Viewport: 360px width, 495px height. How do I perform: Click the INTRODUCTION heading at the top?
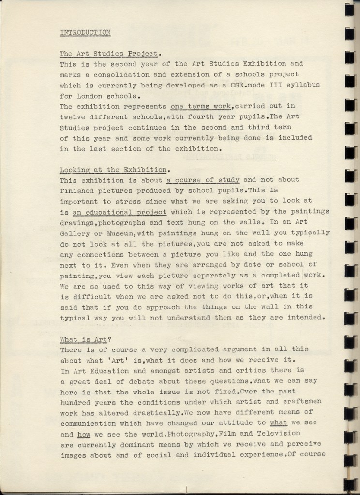[x=85, y=32]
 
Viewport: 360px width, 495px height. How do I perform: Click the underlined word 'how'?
[x=84, y=434]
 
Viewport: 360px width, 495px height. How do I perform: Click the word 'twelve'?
[x=73, y=116]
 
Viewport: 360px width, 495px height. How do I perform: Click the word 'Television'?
[x=278, y=434]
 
